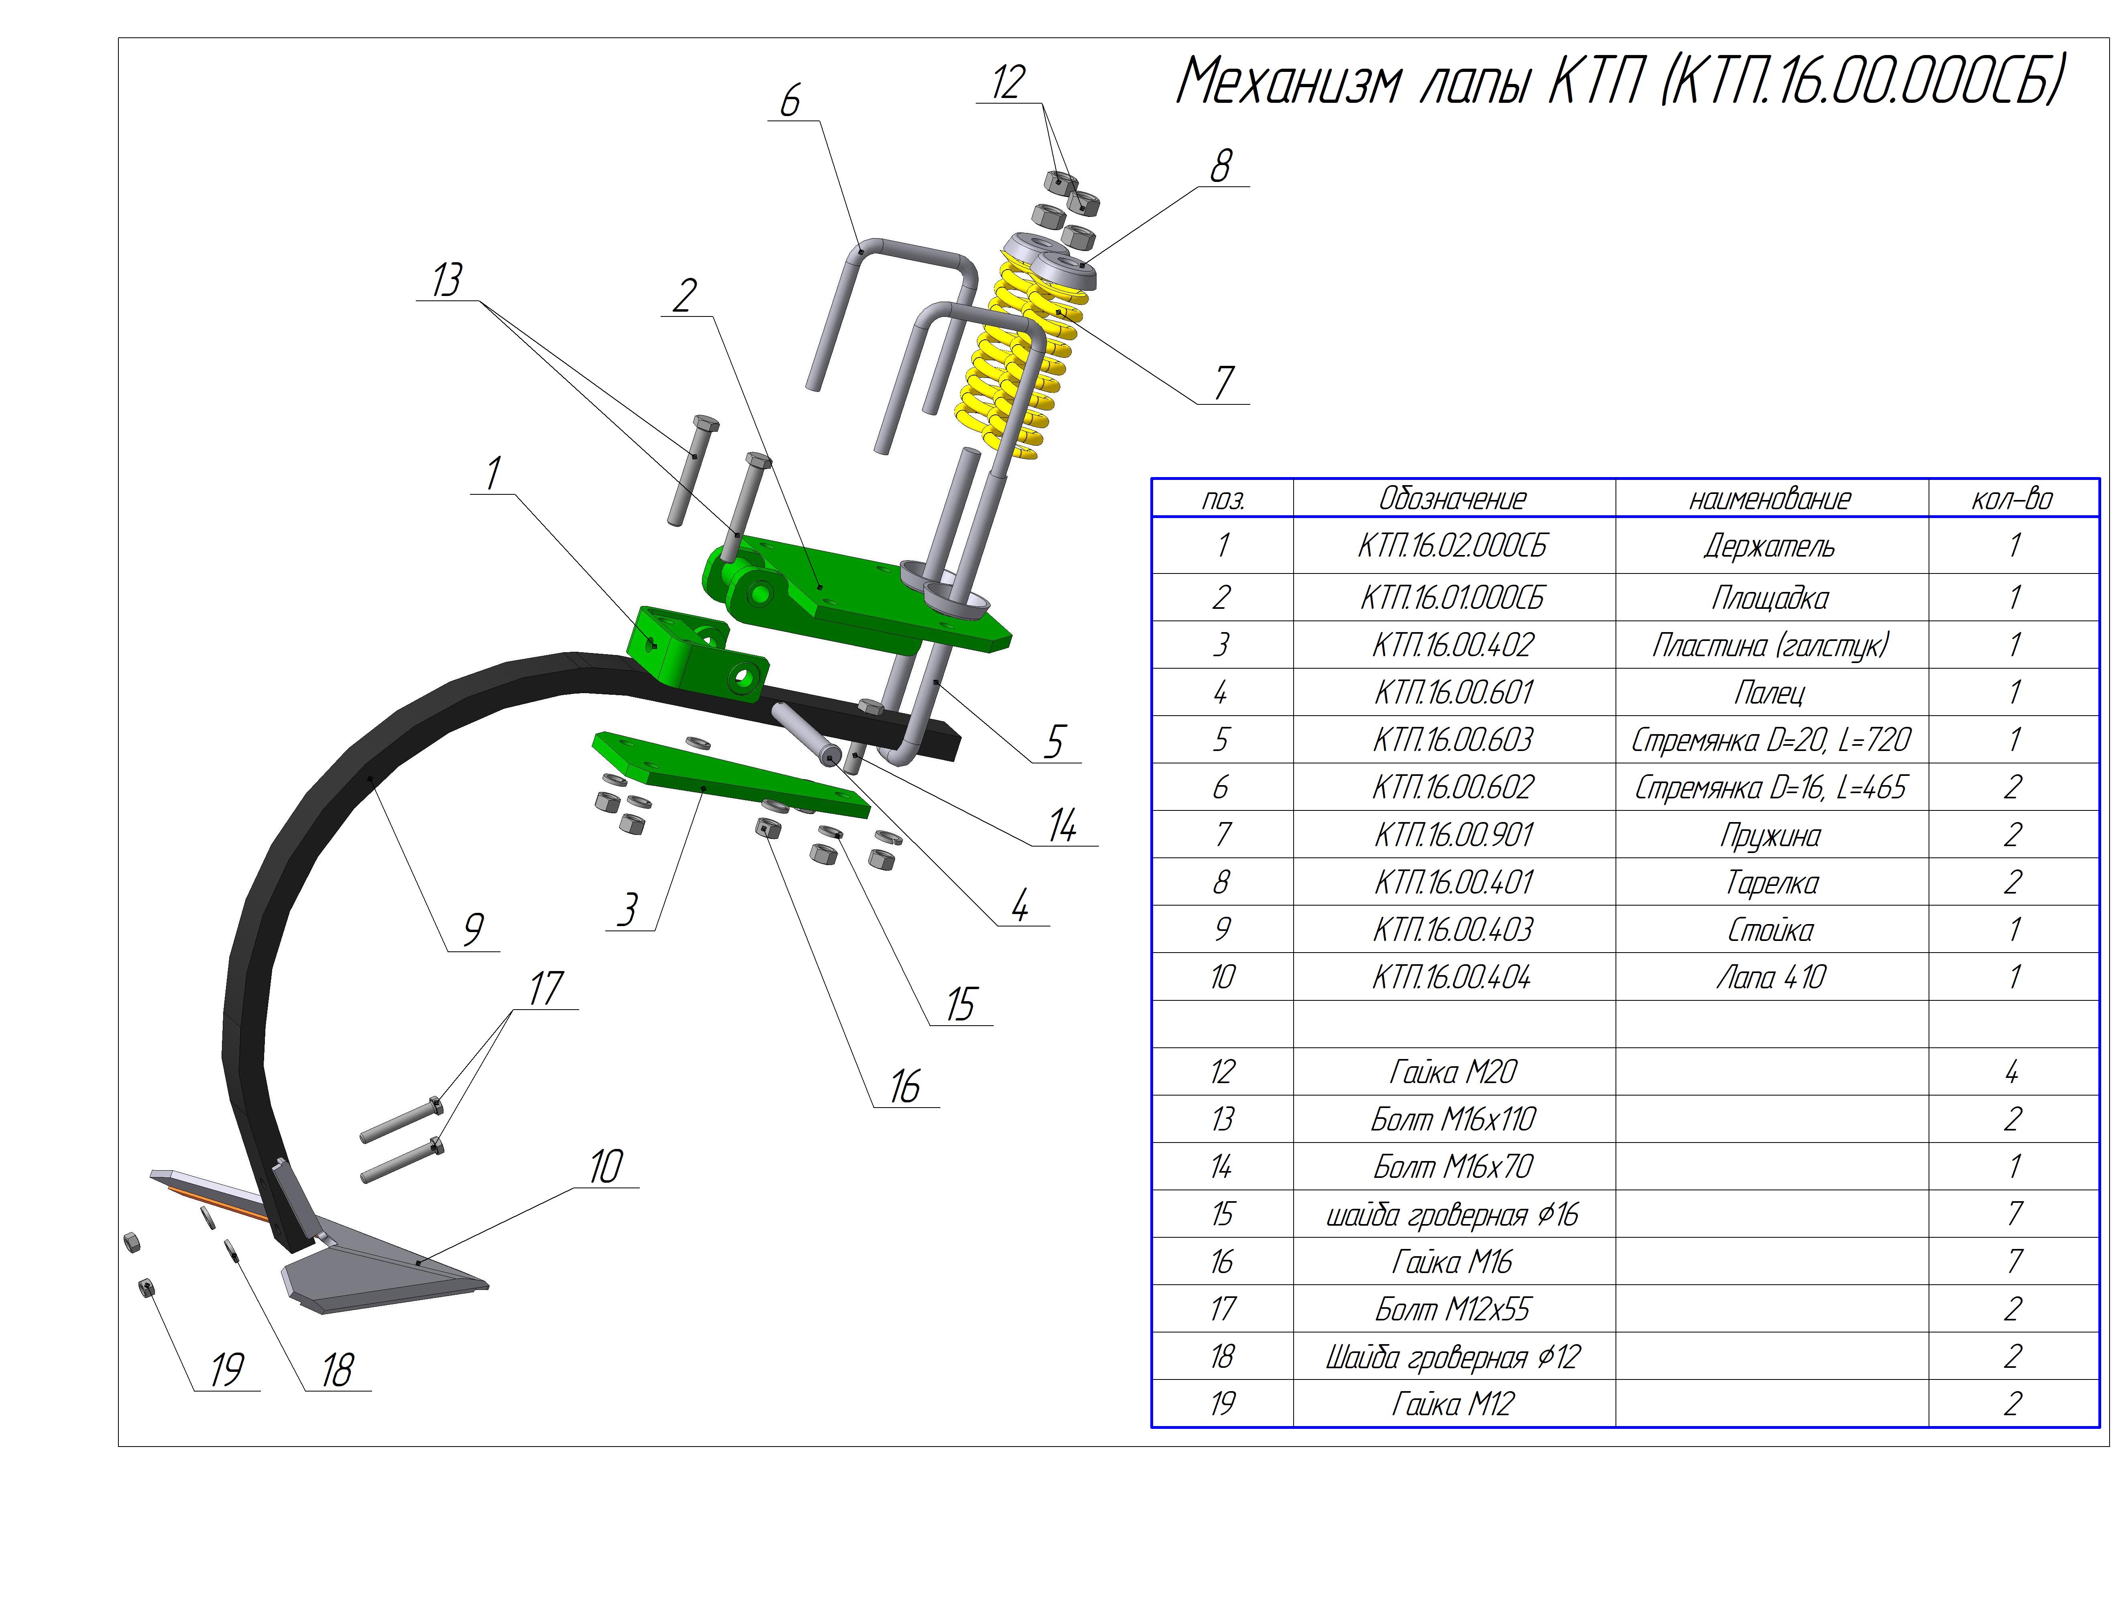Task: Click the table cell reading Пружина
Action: coord(1770,835)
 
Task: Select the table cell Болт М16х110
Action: coord(1453,1119)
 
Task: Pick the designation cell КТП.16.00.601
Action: coord(1453,692)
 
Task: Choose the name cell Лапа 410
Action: coord(1770,977)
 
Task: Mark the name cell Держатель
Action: coord(1770,546)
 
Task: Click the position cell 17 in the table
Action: coord(1222,1309)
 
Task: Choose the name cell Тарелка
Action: coord(1770,882)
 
